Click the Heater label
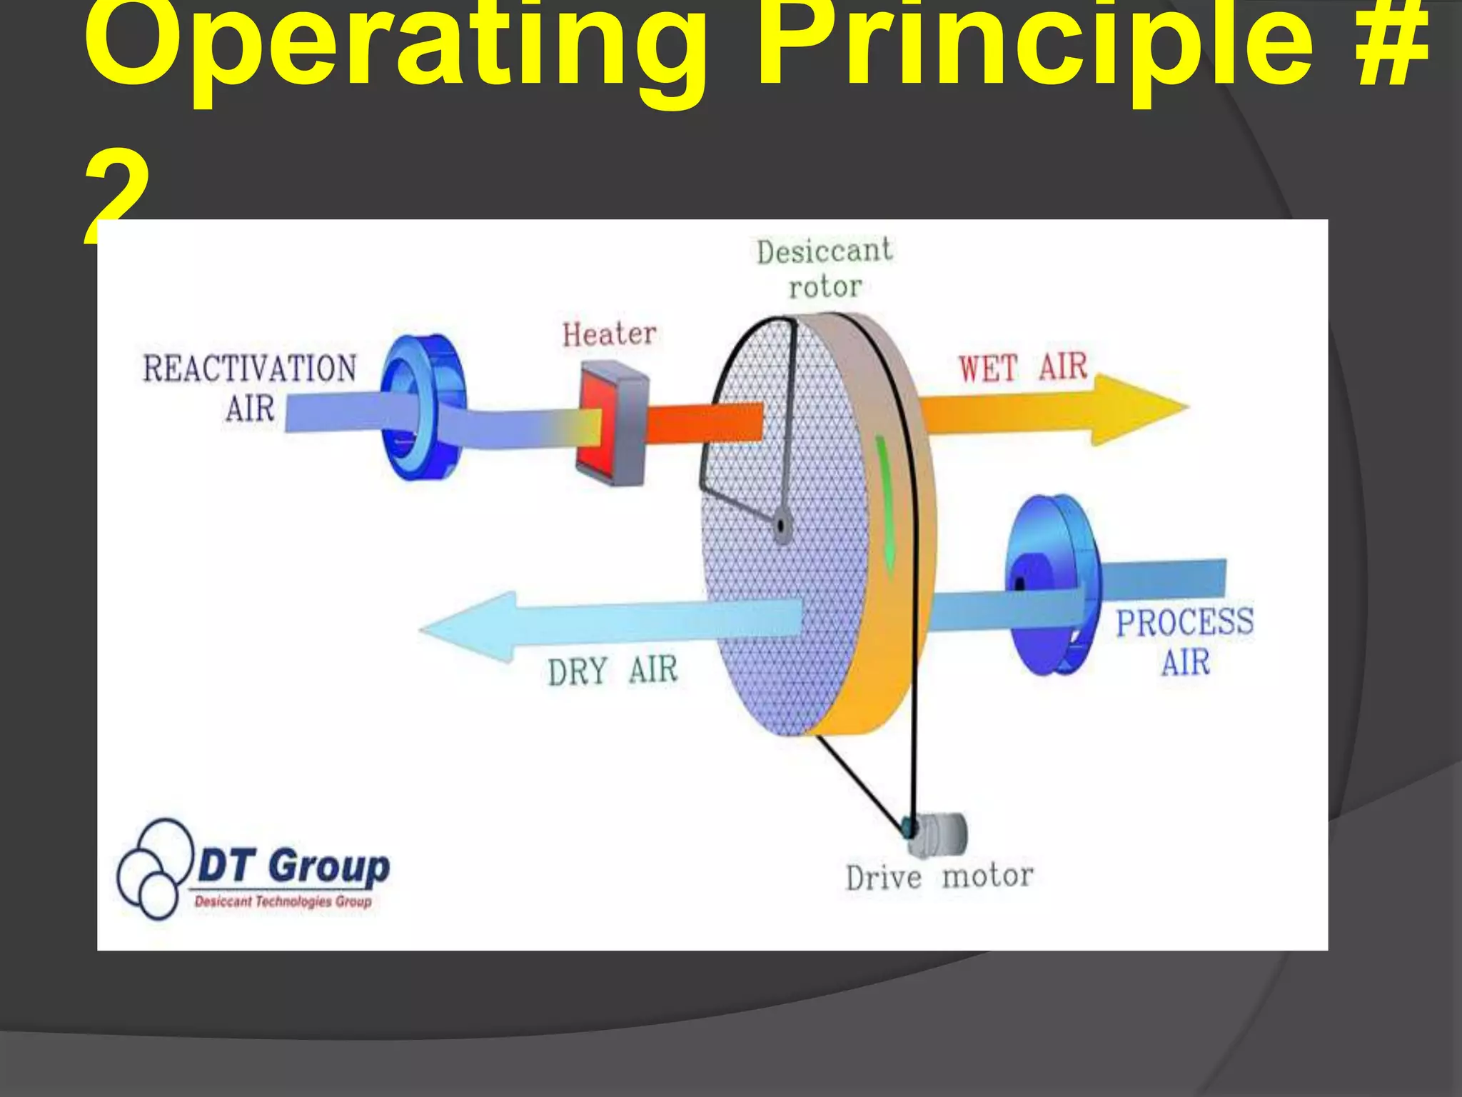tap(609, 335)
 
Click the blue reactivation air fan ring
tap(421, 407)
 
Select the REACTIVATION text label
tap(250, 369)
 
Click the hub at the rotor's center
tap(782, 527)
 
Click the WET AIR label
tap(1022, 367)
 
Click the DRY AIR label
tap(612, 671)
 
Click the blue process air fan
tap(1049, 586)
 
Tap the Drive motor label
tap(939, 877)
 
